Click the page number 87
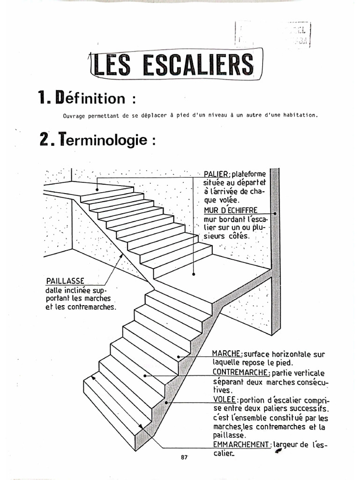click(x=184, y=457)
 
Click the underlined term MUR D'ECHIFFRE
click(x=231, y=210)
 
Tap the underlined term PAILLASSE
click(x=65, y=281)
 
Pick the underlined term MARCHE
click(x=226, y=354)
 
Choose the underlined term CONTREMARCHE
click(x=240, y=372)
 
